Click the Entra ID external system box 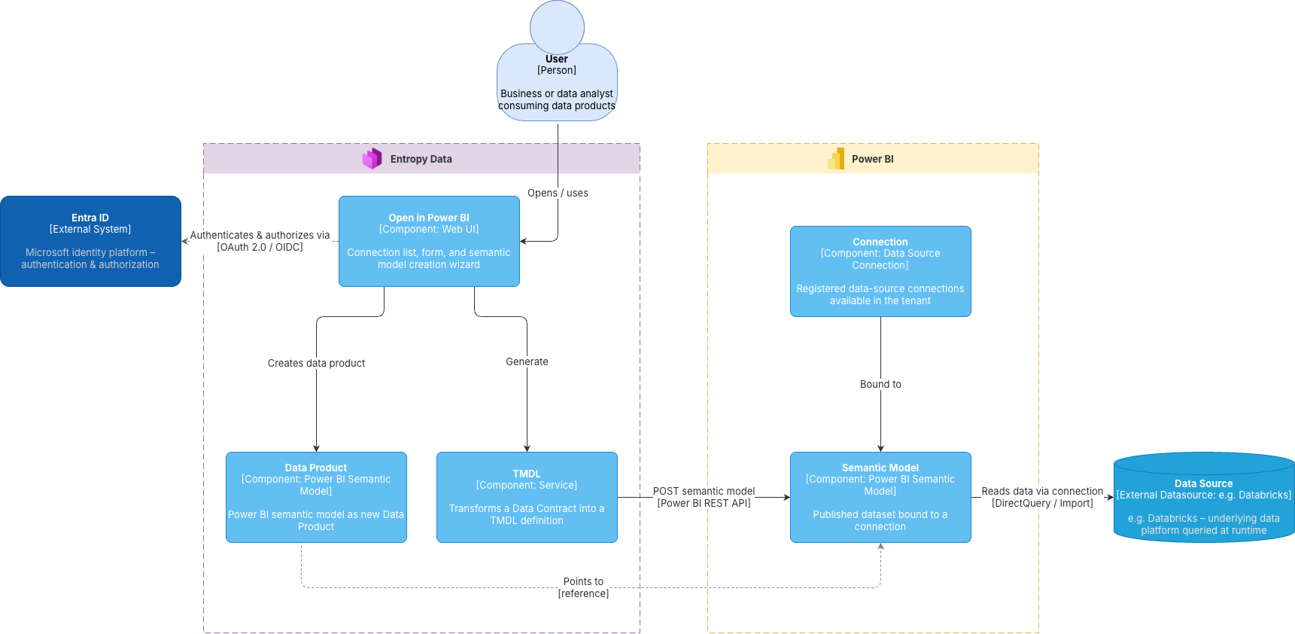coord(90,241)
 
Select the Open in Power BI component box coord(429,241)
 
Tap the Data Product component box coord(316,497)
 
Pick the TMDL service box coord(527,497)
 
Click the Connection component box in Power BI coord(880,271)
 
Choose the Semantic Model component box coord(880,497)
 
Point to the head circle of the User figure coord(557,27)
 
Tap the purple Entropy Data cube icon coord(372,158)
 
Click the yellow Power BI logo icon coord(836,158)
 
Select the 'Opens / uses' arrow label coord(558,193)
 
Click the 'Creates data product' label coord(316,363)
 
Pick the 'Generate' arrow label coord(527,361)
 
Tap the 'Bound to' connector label coord(880,384)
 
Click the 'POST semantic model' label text coord(704,491)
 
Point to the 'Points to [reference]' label coord(583,587)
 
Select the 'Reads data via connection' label coord(1042,491)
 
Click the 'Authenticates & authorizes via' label coord(260,235)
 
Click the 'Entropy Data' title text coord(421,159)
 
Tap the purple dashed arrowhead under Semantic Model coord(880,546)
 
